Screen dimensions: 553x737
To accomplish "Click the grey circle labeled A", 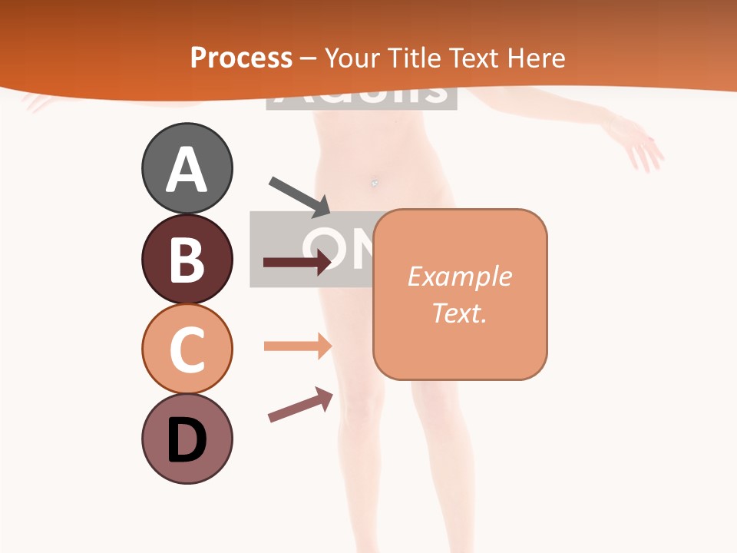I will coord(187,168).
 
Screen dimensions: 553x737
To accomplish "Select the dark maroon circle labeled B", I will coord(187,259).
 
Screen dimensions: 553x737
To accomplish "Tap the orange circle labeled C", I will coord(187,349).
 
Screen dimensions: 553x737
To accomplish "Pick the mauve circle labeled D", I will coord(187,439).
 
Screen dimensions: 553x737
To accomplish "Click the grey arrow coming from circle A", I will coord(300,197).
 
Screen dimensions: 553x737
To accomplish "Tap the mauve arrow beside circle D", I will coord(300,406).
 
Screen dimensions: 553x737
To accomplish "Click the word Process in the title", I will coord(241,58).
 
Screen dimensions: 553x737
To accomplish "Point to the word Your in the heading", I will coord(350,58).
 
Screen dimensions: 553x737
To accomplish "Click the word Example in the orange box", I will coord(459,276).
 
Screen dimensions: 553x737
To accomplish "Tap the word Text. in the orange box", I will coord(459,313).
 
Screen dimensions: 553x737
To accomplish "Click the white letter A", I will coord(187,170).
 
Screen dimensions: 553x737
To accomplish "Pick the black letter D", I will coord(187,440).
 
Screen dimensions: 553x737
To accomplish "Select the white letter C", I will coord(187,349).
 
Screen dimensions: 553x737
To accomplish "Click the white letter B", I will coord(187,260).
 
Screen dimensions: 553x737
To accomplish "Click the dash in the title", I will coord(309,58).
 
